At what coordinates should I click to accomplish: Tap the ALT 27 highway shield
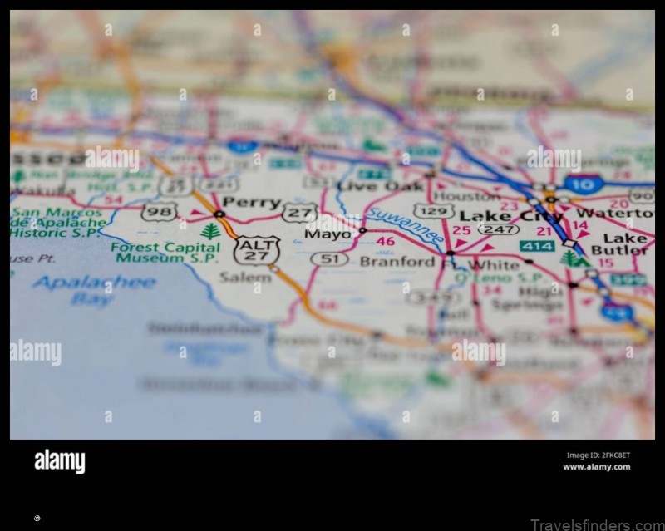click(x=257, y=249)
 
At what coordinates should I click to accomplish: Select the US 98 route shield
click(x=158, y=212)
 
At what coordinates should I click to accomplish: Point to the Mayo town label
click(x=328, y=234)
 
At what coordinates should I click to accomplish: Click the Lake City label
click(x=510, y=217)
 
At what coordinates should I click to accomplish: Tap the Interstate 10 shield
click(x=584, y=184)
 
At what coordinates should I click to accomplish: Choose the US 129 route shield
click(x=434, y=212)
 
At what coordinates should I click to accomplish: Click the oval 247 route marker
click(x=499, y=229)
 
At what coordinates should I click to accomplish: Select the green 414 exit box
click(x=537, y=246)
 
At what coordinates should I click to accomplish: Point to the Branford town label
click(x=397, y=261)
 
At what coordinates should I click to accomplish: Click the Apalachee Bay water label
click(x=93, y=290)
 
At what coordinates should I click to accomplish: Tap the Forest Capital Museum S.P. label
click(x=166, y=252)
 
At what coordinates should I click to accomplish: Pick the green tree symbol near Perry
click(x=211, y=231)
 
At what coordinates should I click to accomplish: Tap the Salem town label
click(x=245, y=277)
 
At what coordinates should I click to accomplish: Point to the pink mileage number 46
click(x=385, y=242)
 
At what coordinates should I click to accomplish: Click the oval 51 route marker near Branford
click(x=329, y=259)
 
